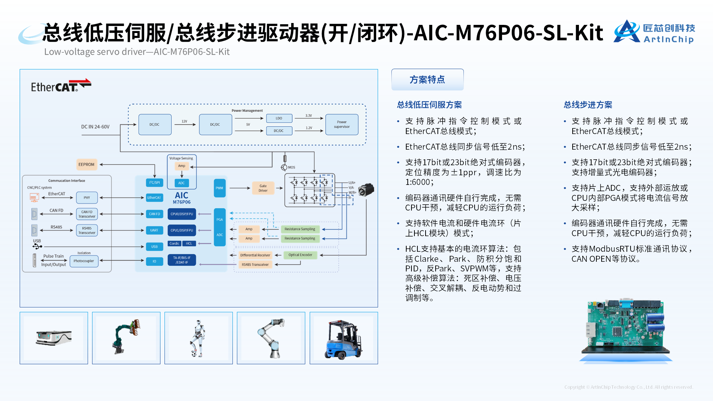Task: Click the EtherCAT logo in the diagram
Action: tap(61, 86)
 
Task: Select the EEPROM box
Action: tap(86, 164)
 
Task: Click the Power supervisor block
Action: tap(342, 124)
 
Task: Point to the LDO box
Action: tap(279, 118)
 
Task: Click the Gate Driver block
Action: tap(263, 188)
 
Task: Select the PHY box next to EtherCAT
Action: tap(87, 198)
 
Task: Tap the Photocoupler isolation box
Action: tap(84, 261)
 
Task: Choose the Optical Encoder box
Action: tap(300, 255)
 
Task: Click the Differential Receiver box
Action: tap(255, 255)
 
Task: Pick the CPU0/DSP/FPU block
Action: tap(182, 214)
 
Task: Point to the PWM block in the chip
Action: tap(219, 188)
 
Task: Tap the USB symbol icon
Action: tap(37, 247)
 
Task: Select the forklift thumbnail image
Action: tap(344, 338)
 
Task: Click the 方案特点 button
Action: tap(427, 79)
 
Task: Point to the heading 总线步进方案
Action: tap(588, 105)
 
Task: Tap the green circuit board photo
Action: tap(625, 327)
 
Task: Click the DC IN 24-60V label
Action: tap(95, 127)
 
